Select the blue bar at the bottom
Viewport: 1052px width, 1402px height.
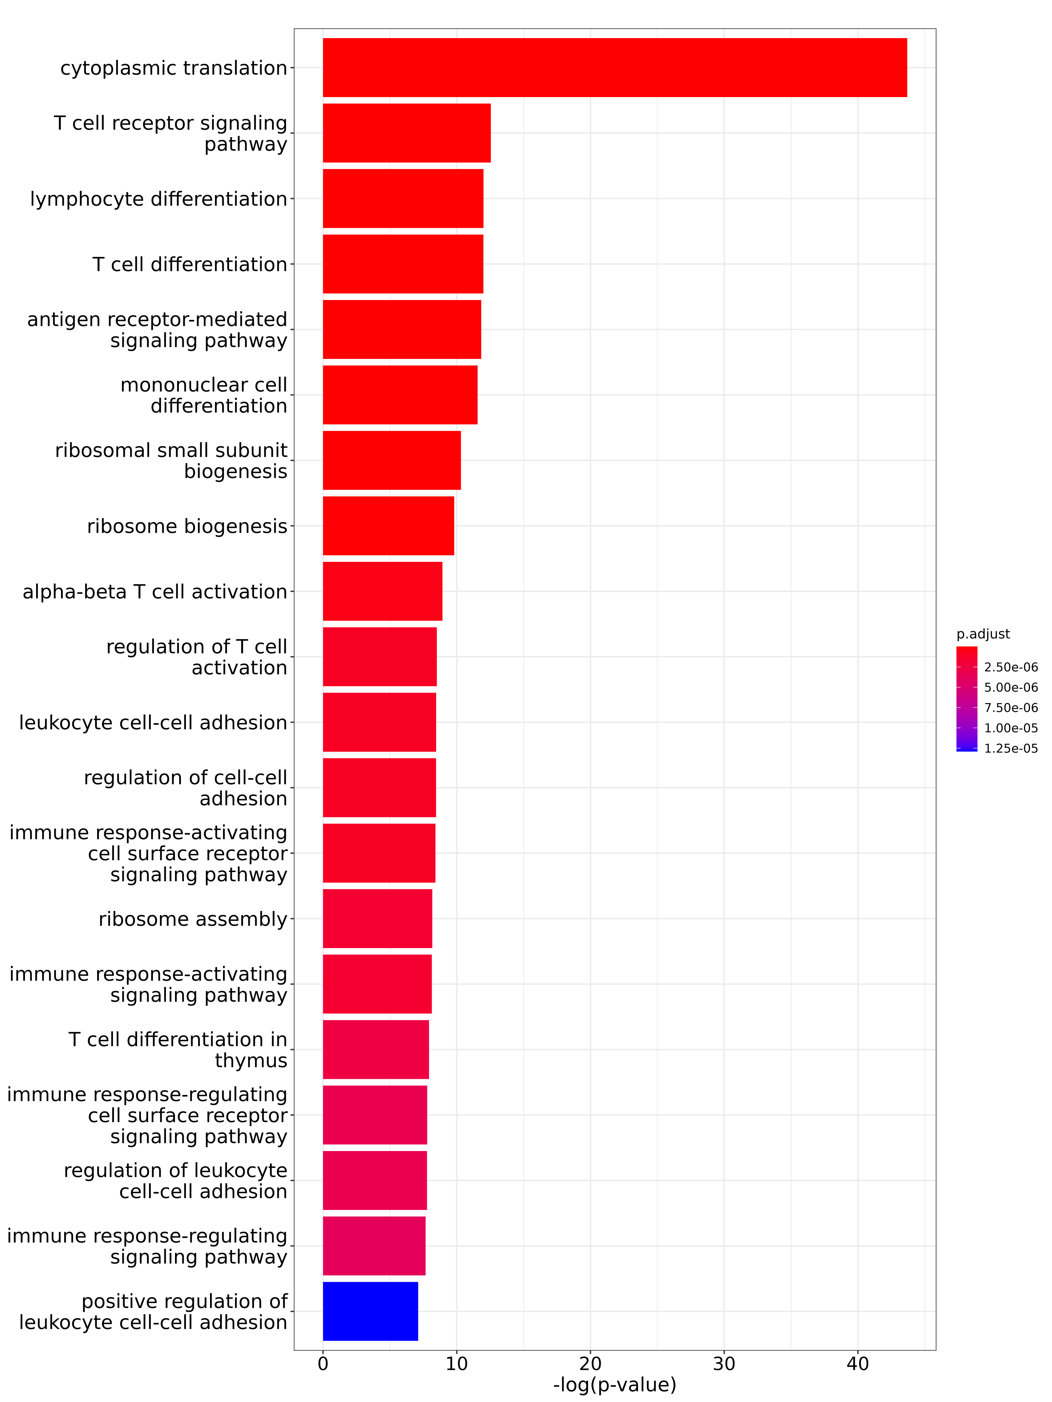click(x=370, y=1311)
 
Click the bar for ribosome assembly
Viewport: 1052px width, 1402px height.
click(x=377, y=918)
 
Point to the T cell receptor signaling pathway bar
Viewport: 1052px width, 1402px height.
click(x=406, y=133)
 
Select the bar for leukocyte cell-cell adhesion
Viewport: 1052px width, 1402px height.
click(x=379, y=722)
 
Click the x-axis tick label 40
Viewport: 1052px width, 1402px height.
click(x=857, y=1364)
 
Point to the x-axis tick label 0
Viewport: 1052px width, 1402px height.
click(x=323, y=1364)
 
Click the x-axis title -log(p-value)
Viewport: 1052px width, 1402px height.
click(x=614, y=1385)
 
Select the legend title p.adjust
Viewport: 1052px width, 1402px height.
click(x=983, y=634)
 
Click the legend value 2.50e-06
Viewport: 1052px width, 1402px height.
click(x=1011, y=667)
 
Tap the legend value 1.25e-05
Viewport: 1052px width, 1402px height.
click(x=1011, y=749)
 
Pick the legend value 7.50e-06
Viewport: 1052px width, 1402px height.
click(x=1011, y=708)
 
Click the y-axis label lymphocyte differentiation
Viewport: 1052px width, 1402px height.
click(x=159, y=199)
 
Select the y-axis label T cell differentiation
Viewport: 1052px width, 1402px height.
click(x=190, y=264)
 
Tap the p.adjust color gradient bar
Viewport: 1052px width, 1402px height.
click(x=966, y=699)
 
